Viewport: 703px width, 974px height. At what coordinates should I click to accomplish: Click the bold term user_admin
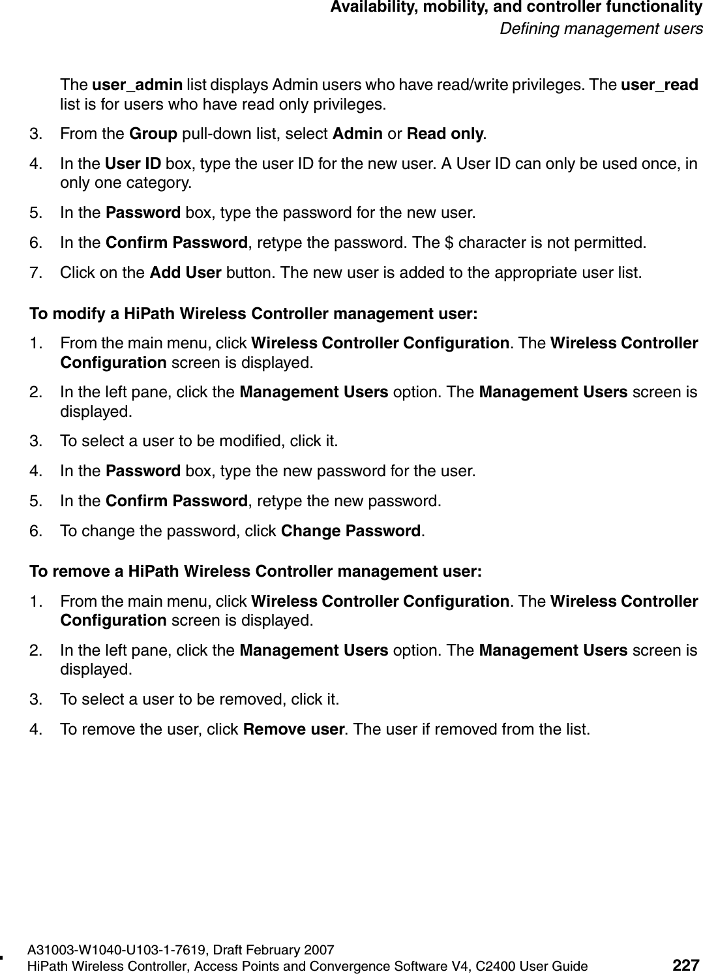137,85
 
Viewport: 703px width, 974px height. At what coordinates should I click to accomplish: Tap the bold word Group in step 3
154,134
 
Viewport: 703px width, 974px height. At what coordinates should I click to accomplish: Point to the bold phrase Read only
445,134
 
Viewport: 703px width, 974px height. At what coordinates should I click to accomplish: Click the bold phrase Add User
185,272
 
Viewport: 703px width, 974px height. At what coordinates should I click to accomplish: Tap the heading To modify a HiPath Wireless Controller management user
254,314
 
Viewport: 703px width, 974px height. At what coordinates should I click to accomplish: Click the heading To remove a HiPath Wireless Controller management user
256,571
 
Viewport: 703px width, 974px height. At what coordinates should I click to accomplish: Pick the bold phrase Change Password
350,530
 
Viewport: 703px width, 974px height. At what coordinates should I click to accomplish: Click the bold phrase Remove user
293,729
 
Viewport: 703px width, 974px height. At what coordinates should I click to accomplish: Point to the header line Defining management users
601,29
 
